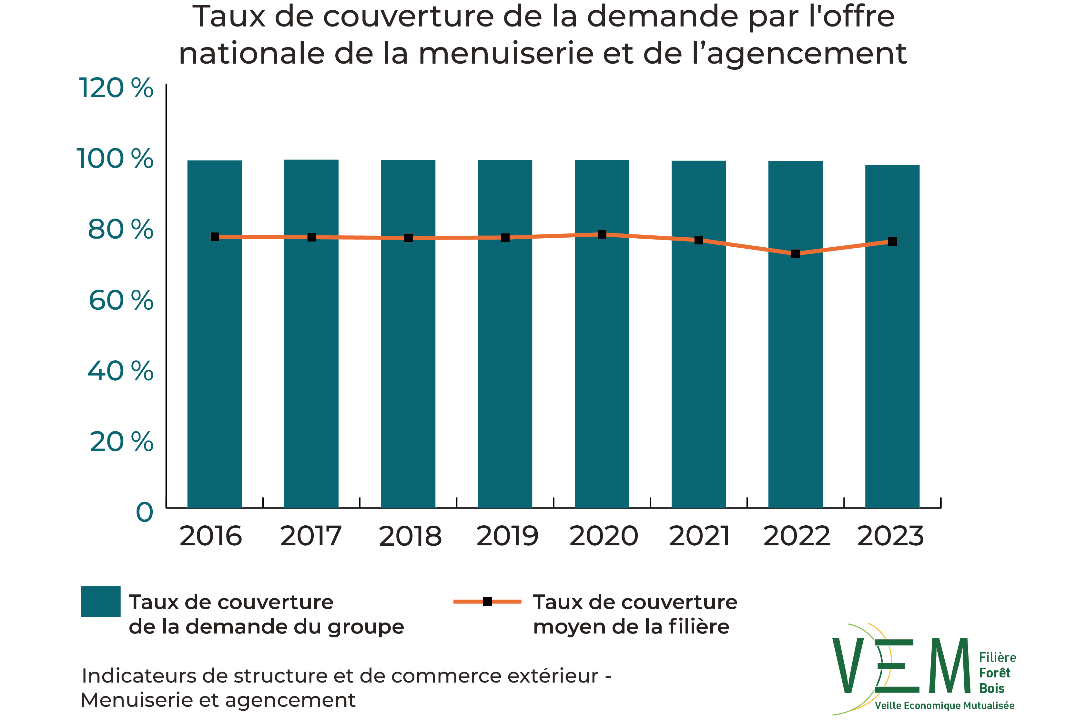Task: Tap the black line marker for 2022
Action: click(x=796, y=254)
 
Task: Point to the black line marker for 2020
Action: click(x=602, y=234)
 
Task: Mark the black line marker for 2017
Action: click(x=311, y=237)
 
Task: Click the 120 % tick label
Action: click(x=116, y=88)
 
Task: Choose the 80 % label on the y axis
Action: click(x=120, y=230)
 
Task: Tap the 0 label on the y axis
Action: click(x=144, y=512)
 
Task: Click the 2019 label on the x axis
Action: click(x=507, y=537)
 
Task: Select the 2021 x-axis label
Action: click(x=699, y=537)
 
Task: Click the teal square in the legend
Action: click(x=101, y=602)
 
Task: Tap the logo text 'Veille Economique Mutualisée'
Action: click(x=944, y=706)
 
